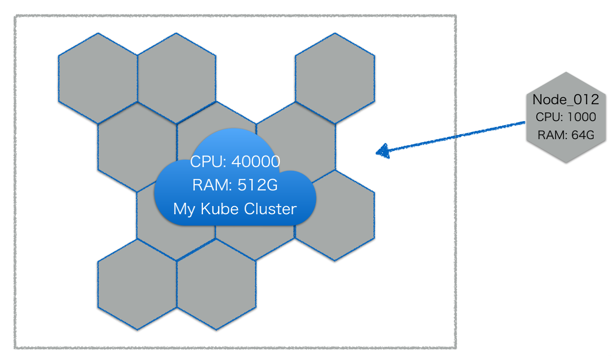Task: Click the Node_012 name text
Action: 565,100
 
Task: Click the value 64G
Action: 583,135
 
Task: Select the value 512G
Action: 258,185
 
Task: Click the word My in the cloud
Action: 184,209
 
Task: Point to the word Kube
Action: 220,209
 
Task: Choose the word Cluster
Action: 270,209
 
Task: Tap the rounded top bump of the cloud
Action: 232,140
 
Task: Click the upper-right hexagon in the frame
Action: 335,78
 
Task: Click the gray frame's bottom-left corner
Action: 15,348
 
